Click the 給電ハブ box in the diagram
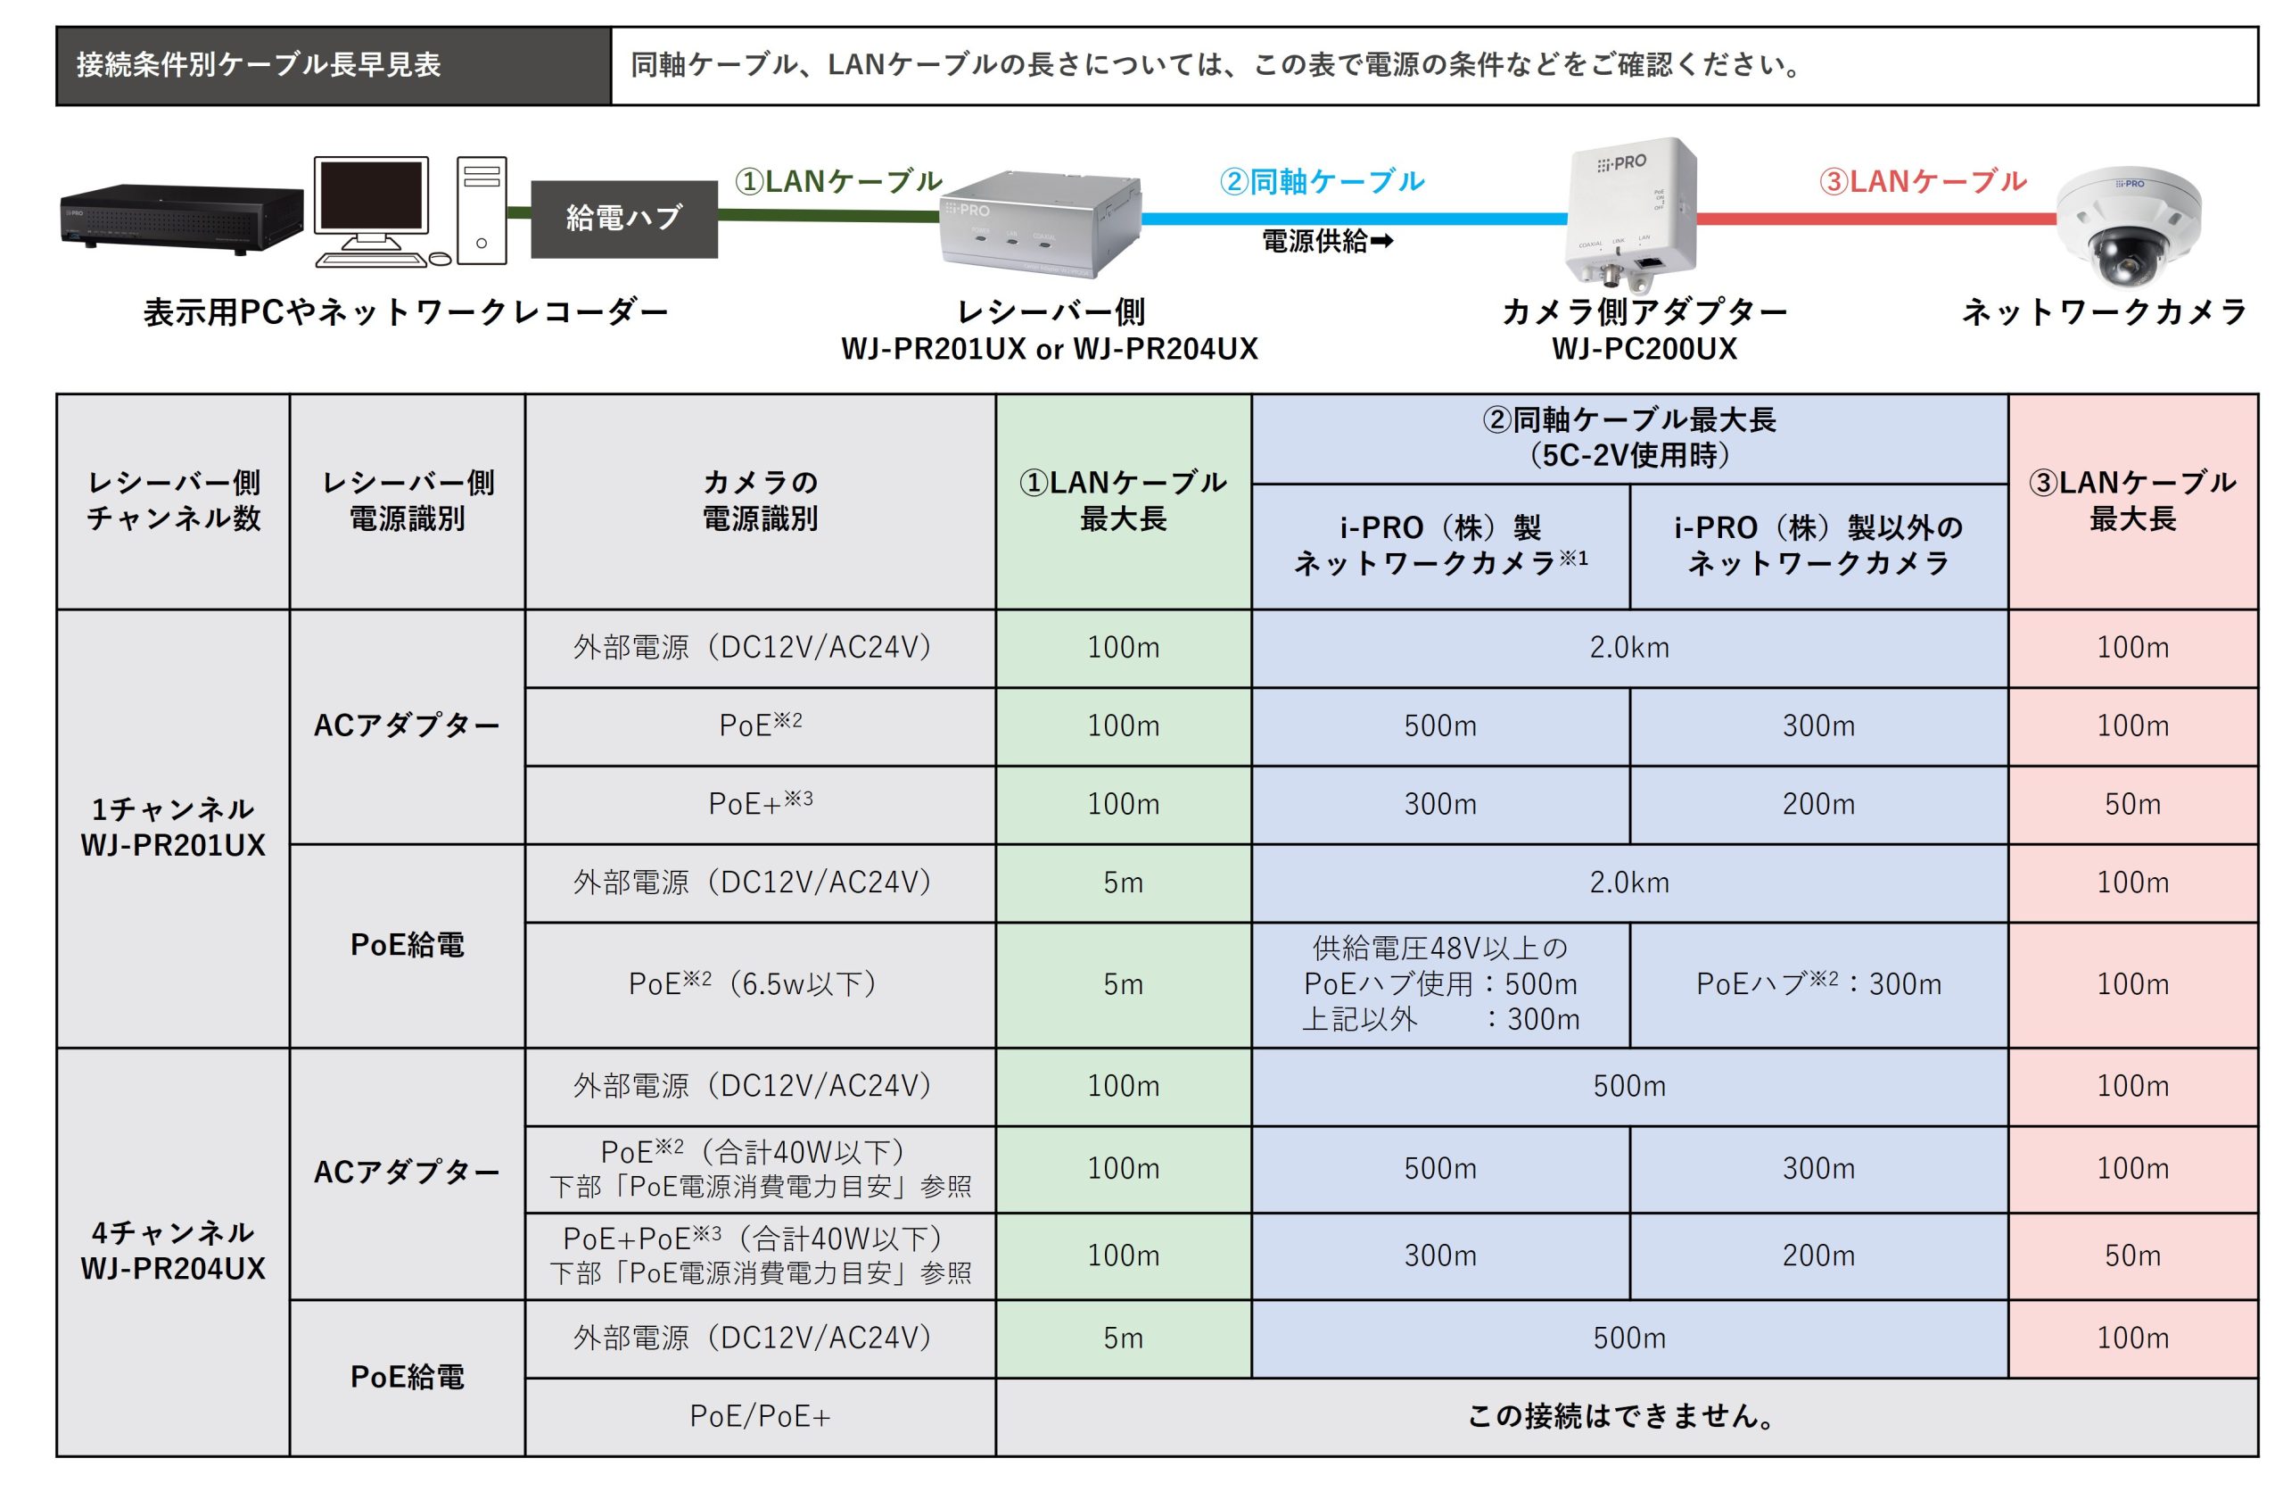coord(623,218)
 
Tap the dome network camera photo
coord(2129,228)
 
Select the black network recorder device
coord(181,218)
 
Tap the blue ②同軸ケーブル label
coord(1322,180)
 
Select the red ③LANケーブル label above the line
coord(1923,180)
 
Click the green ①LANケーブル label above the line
coord(838,180)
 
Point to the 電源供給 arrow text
coord(1328,241)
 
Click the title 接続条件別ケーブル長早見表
coord(259,65)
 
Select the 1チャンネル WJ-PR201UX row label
coord(173,827)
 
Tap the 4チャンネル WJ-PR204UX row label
coord(173,1250)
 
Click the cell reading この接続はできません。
coord(1626,1415)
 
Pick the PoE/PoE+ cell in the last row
coord(760,1415)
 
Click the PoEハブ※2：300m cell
coord(1817,983)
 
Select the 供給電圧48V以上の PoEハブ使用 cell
coord(1440,983)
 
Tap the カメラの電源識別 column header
coord(760,500)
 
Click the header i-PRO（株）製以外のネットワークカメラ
coord(1817,545)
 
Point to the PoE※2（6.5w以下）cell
coord(760,983)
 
